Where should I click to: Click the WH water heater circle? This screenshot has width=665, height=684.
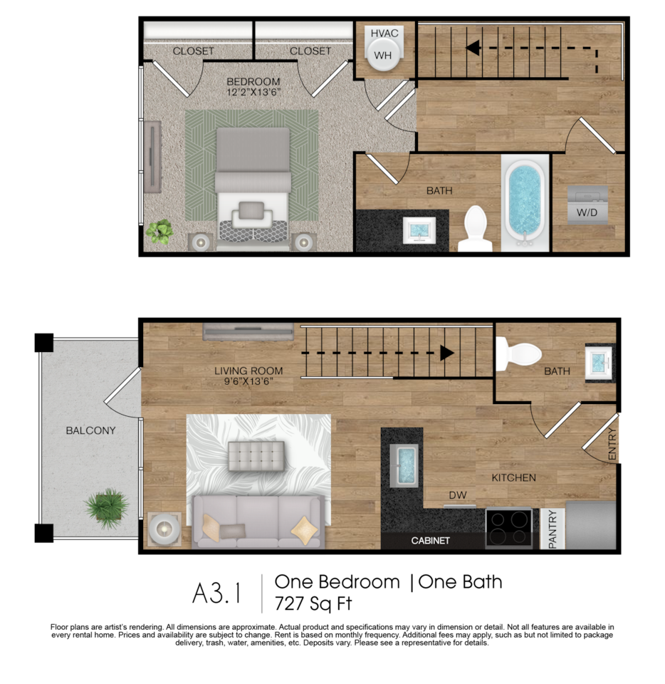point(384,55)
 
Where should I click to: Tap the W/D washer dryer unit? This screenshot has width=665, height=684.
point(587,205)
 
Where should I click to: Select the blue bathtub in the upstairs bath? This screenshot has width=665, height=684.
point(525,202)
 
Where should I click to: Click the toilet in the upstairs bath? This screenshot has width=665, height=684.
point(475,229)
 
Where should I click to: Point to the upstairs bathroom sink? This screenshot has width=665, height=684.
point(419,230)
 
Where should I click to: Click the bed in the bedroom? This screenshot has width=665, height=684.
point(253,188)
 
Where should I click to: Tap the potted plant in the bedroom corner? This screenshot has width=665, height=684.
point(159,231)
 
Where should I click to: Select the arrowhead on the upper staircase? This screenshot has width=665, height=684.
point(473,48)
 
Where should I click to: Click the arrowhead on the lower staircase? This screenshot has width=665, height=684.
point(447,353)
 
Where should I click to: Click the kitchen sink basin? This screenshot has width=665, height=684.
point(404,465)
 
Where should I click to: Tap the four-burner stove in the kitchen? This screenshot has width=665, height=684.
point(508,528)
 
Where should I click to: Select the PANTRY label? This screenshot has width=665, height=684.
point(553,529)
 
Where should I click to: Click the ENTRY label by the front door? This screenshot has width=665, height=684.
point(612,444)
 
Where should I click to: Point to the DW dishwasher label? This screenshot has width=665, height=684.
point(458,495)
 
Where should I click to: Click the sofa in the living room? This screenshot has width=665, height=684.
point(258,522)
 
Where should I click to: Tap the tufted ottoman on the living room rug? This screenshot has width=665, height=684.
point(256,456)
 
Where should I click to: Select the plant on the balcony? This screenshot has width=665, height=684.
point(107,508)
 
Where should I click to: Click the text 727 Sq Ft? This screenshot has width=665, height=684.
point(313,603)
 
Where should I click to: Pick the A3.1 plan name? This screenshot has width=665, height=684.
point(216,594)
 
